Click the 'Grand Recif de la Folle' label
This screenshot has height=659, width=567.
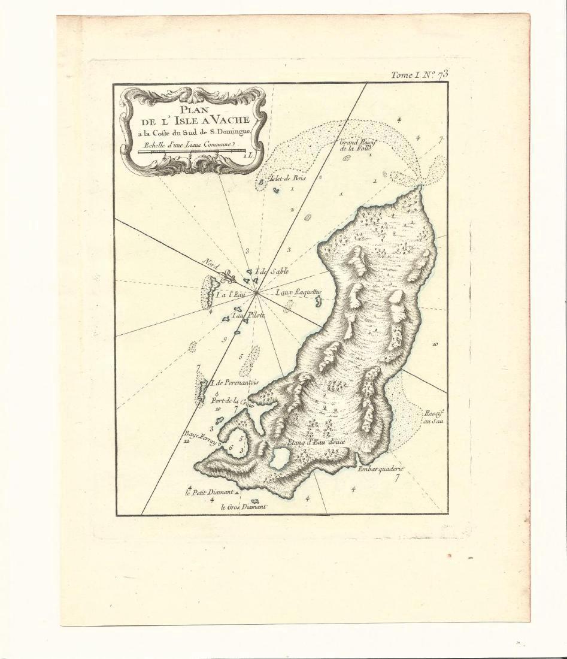357,145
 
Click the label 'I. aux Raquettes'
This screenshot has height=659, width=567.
299,292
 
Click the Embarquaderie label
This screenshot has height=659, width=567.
381,468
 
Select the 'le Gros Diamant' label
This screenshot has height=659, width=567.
242,507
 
